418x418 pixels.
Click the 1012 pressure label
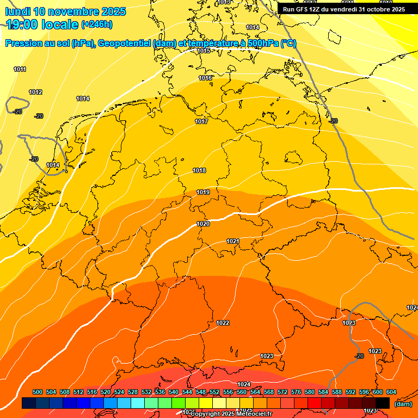click(35, 92)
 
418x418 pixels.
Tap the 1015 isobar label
click(204, 51)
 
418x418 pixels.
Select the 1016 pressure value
click(205, 78)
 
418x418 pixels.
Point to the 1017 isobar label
click(201, 121)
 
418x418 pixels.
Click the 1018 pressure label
click(199, 170)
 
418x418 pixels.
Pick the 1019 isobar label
click(203, 192)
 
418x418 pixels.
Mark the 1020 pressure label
click(203, 224)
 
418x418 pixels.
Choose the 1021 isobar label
click(233, 241)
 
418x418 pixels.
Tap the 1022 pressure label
click(223, 323)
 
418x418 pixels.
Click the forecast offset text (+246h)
click(97, 24)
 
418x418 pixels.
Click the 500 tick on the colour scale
click(38, 392)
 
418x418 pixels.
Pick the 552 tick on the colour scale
click(214, 392)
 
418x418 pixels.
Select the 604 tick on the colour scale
click(391, 392)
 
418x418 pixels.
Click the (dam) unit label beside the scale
click(403, 404)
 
